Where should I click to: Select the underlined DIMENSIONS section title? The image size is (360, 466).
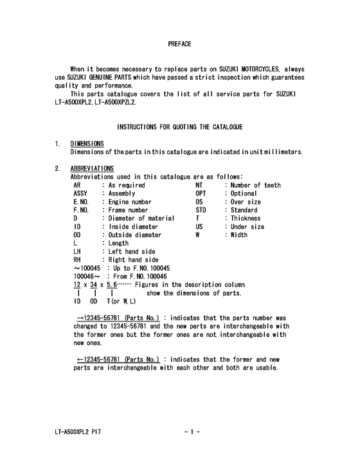[87, 143]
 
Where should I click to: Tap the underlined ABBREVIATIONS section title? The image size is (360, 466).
[92, 168]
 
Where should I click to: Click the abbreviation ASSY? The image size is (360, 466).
[81, 193]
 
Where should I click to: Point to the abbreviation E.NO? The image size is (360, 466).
[82, 202]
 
